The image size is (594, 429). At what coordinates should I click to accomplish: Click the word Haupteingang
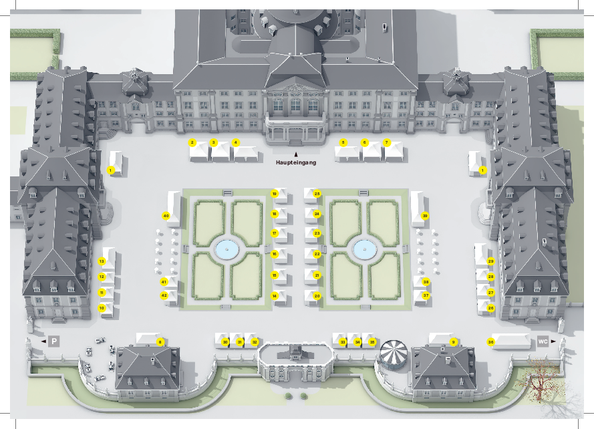(x=296, y=162)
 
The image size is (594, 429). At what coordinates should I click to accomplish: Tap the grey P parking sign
(x=54, y=341)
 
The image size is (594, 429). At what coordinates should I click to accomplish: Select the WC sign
(x=543, y=341)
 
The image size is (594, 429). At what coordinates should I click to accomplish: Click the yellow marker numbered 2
(x=192, y=142)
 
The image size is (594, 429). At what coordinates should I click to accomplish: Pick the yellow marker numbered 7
(x=386, y=142)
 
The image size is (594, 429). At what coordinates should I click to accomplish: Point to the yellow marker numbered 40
(x=166, y=216)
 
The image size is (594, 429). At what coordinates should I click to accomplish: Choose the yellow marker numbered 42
(x=164, y=295)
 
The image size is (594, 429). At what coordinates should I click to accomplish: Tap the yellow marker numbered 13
(x=102, y=261)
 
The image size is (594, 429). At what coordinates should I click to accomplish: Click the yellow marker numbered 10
(x=102, y=308)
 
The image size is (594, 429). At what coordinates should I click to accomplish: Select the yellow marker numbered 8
(x=160, y=342)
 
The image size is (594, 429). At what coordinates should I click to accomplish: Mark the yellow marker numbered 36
(x=490, y=342)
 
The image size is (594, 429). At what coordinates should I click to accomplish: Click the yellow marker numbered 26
(x=490, y=308)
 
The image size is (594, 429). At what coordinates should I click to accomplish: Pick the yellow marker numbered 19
(x=274, y=194)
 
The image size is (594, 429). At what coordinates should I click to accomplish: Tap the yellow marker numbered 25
(x=317, y=194)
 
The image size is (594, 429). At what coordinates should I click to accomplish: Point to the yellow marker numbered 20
(x=317, y=295)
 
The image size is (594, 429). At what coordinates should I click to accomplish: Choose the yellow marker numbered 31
(x=240, y=342)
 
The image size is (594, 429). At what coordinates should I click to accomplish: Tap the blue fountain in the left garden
(x=227, y=250)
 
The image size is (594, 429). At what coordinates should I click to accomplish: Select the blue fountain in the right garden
(x=365, y=250)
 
